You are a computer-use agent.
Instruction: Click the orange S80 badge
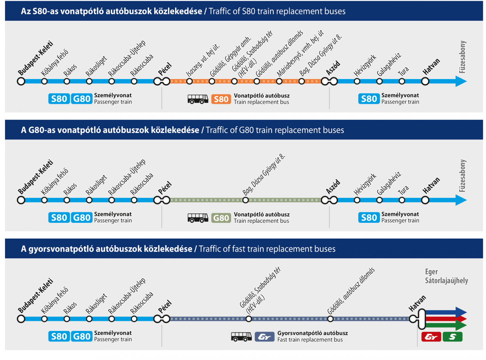click(x=221, y=99)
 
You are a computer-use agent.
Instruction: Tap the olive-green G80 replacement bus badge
click(x=221, y=218)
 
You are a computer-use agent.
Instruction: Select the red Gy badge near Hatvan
click(x=431, y=336)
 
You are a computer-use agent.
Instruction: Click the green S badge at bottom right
click(x=452, y=336)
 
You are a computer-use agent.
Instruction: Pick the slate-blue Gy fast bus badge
click(x=264, y=336)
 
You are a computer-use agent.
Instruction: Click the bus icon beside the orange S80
click(x=197, y=99)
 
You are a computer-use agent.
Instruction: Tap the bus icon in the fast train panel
click(x=241, y=336)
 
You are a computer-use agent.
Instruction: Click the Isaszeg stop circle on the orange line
click(x=189, y=81)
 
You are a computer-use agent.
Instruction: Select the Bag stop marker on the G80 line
click(x=245, y=200)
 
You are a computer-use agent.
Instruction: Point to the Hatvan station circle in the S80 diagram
click(x=425, y=81)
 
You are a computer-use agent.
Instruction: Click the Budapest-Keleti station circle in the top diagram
click(x=21, y=81)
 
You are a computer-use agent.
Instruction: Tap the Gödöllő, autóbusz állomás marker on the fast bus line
click(x=330, y=319)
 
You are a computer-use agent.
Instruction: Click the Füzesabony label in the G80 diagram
click(x=462, y=176)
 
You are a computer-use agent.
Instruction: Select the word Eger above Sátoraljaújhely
click(x=431, y=272)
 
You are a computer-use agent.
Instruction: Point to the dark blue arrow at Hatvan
click(x=446, y=312)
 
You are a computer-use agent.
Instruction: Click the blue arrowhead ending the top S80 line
click(x=461, y=81)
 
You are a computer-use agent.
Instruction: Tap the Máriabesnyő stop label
click(x=300, y=54)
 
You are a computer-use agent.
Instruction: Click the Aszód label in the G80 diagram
click(x=333, y=187)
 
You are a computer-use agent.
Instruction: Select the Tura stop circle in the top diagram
click(x=402, y=81)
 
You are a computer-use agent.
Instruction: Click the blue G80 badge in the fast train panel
click(x=81, y=336)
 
